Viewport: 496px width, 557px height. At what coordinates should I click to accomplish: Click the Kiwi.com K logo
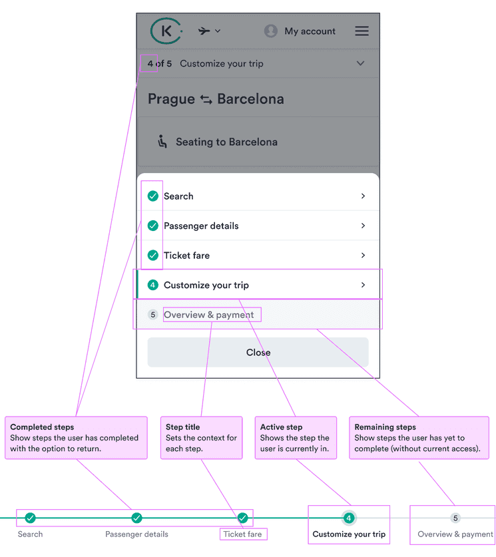164,31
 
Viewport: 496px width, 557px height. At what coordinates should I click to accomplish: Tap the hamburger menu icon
362,31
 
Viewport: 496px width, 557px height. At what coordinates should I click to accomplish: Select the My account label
310,31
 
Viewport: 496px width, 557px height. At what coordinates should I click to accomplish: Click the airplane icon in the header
204,31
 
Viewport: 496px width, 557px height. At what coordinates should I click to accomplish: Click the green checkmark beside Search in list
153,196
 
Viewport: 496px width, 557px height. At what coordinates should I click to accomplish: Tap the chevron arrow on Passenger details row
363,226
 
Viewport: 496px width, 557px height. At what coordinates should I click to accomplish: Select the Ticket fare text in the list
187,256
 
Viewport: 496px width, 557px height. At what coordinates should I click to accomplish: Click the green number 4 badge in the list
153,285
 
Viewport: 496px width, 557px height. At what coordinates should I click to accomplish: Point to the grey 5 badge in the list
153,315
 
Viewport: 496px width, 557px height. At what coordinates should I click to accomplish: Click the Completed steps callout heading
42,427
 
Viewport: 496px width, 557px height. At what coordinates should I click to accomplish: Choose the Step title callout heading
182,427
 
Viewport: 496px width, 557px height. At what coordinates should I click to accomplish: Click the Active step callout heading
281,427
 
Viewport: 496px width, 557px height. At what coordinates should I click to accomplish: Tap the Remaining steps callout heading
385,427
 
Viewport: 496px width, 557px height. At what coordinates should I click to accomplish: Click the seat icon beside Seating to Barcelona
162,142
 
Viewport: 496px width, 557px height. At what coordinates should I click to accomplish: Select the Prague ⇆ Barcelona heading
216,99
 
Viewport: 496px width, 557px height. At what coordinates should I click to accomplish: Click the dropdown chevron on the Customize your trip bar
360,64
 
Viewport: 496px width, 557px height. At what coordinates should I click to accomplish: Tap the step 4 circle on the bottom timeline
349,518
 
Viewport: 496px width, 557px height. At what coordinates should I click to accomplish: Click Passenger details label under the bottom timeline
136,534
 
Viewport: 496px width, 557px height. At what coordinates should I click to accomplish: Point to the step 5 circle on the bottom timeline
455,518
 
